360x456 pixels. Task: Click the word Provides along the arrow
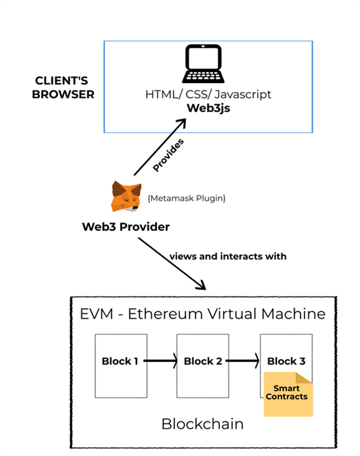pyautogui.click(x=169, y=156)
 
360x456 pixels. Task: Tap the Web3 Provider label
pyautogui.click(x=126, y=227)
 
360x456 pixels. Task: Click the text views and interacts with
pyautogui.click(x=228, y=256)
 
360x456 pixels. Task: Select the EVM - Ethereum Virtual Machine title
pyautogui.click(x=203, y=313)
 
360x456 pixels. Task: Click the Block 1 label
pyautogui.click(x=121, y=361)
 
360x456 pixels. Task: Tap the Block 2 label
pyautogui.click(x=203, y=361)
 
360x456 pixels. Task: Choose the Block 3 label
pyautogui.click(x=286, y=361)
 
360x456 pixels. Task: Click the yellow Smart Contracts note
pyautogui.click(x=288, y=393)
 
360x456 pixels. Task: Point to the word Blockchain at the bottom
pyautogui.click(x=202, y=424)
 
